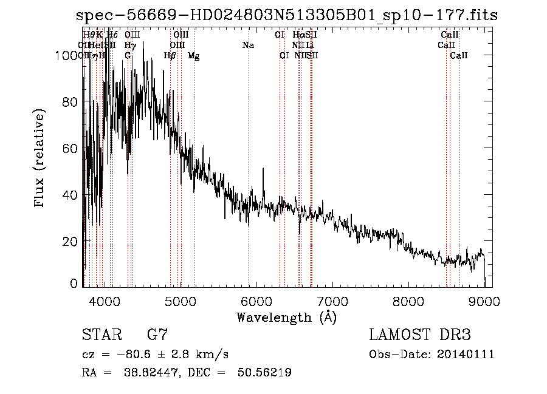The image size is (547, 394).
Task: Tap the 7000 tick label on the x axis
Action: point(332,301)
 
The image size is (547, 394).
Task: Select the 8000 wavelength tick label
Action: point(408,301)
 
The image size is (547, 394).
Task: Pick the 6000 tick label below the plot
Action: point(256,301)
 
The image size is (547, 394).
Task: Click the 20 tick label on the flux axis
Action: point(72,241)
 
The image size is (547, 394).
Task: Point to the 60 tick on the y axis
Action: point(72,148)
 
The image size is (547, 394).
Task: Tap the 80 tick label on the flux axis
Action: point(72,102)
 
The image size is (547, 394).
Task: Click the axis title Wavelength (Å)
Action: point(286,317)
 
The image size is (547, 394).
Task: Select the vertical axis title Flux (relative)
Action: point(41,159)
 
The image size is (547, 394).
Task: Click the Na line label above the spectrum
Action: point(248,45)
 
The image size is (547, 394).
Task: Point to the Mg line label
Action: point(193,56)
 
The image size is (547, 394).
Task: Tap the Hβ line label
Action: point(170,56)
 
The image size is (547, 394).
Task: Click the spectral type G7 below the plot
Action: point(157,335)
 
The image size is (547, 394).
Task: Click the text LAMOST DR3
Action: point(419,335)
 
